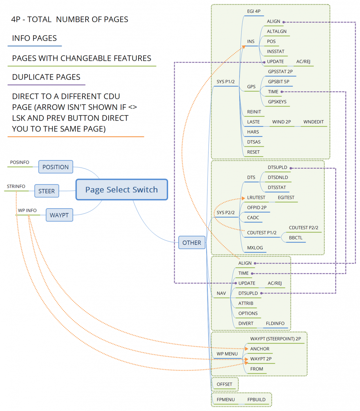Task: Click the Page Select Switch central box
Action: (121, 190)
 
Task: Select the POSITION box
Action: (56, 167)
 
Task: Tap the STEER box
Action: (47, 191)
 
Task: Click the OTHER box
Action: (192, 243)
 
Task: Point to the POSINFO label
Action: (20, 162)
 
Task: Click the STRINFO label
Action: (16, 186)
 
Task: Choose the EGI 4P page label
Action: (254, 11)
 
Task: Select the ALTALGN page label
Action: (277, 31)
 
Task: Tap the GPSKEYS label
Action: (277, 102)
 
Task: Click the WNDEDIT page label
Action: (313, 122)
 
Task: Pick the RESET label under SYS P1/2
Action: (253, 152)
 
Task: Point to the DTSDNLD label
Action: (278, 177)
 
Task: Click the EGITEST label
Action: (286, 198)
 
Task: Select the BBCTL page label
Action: (296, 238)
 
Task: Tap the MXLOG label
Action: (255, 248)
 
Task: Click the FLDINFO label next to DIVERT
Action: (275, 323)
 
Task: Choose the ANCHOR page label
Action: (260, 349)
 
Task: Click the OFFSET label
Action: (224, 384)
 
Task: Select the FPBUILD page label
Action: (256, 400)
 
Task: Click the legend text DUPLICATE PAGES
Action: (46, 77)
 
